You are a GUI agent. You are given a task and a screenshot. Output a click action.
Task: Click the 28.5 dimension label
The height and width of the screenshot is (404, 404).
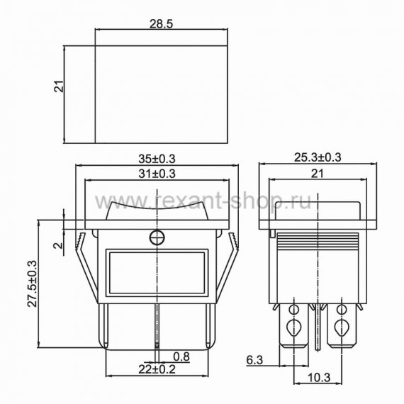[161, 23]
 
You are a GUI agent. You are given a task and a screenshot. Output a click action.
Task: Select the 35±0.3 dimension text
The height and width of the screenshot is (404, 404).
[157, 159]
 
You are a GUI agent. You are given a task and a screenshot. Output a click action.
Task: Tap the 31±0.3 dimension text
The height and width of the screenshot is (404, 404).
[157, 174]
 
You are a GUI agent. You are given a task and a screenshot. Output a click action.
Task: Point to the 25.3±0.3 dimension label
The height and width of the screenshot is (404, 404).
[318, 157]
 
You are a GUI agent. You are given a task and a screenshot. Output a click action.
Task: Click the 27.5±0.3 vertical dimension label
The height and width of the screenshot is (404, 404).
[33, 284]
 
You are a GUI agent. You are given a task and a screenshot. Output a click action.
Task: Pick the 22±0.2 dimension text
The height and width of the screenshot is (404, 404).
[157, 369]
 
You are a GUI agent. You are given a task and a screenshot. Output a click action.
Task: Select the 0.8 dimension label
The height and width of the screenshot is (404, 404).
[181, 357]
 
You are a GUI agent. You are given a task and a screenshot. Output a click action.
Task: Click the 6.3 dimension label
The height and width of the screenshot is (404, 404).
[254, 360]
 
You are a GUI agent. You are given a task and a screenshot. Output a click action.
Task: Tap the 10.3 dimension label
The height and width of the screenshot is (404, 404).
[319, 378]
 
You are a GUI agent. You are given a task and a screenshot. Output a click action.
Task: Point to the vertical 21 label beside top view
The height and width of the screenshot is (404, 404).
[59, 86]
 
